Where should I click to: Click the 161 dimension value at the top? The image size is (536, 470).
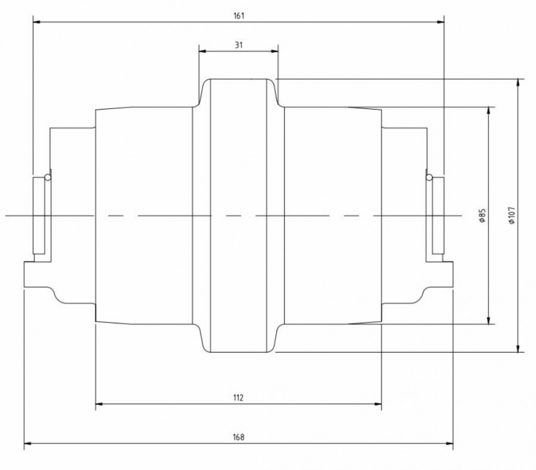coord(239,16)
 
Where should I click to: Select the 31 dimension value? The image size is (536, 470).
coord(238,45)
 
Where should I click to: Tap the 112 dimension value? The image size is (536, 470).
coord(238,397)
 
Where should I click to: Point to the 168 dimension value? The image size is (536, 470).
coord(238,437)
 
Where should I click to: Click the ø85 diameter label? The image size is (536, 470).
coord(482,215)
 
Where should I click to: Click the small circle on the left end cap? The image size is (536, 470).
coord(47,176)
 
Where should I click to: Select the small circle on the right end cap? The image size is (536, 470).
coord(429,176)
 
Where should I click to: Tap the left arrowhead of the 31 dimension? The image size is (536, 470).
coord(202,52)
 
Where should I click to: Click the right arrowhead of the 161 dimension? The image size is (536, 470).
coord(441,22)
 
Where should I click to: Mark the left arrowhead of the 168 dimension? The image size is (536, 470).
coord(27,443)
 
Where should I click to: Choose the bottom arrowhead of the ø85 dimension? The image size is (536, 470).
coord(489,320)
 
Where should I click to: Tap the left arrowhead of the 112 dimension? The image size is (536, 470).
coord(99,404)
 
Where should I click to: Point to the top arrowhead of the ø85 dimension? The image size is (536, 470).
coord(489,110)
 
